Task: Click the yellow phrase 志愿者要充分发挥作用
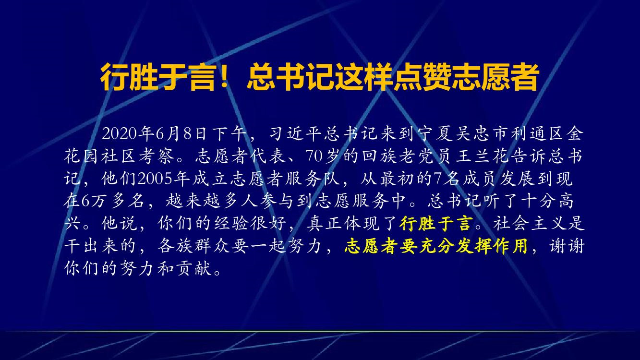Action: coord(436,246)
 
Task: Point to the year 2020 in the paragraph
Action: coord(120,133)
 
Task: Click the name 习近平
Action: coord(295,133)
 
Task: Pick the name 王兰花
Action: coord(483,156)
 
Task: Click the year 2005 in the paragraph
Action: coord(155,179)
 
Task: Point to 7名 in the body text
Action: coord(447,179)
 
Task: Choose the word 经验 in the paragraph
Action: coord(231,223)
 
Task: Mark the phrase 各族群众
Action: coord(193,246)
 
